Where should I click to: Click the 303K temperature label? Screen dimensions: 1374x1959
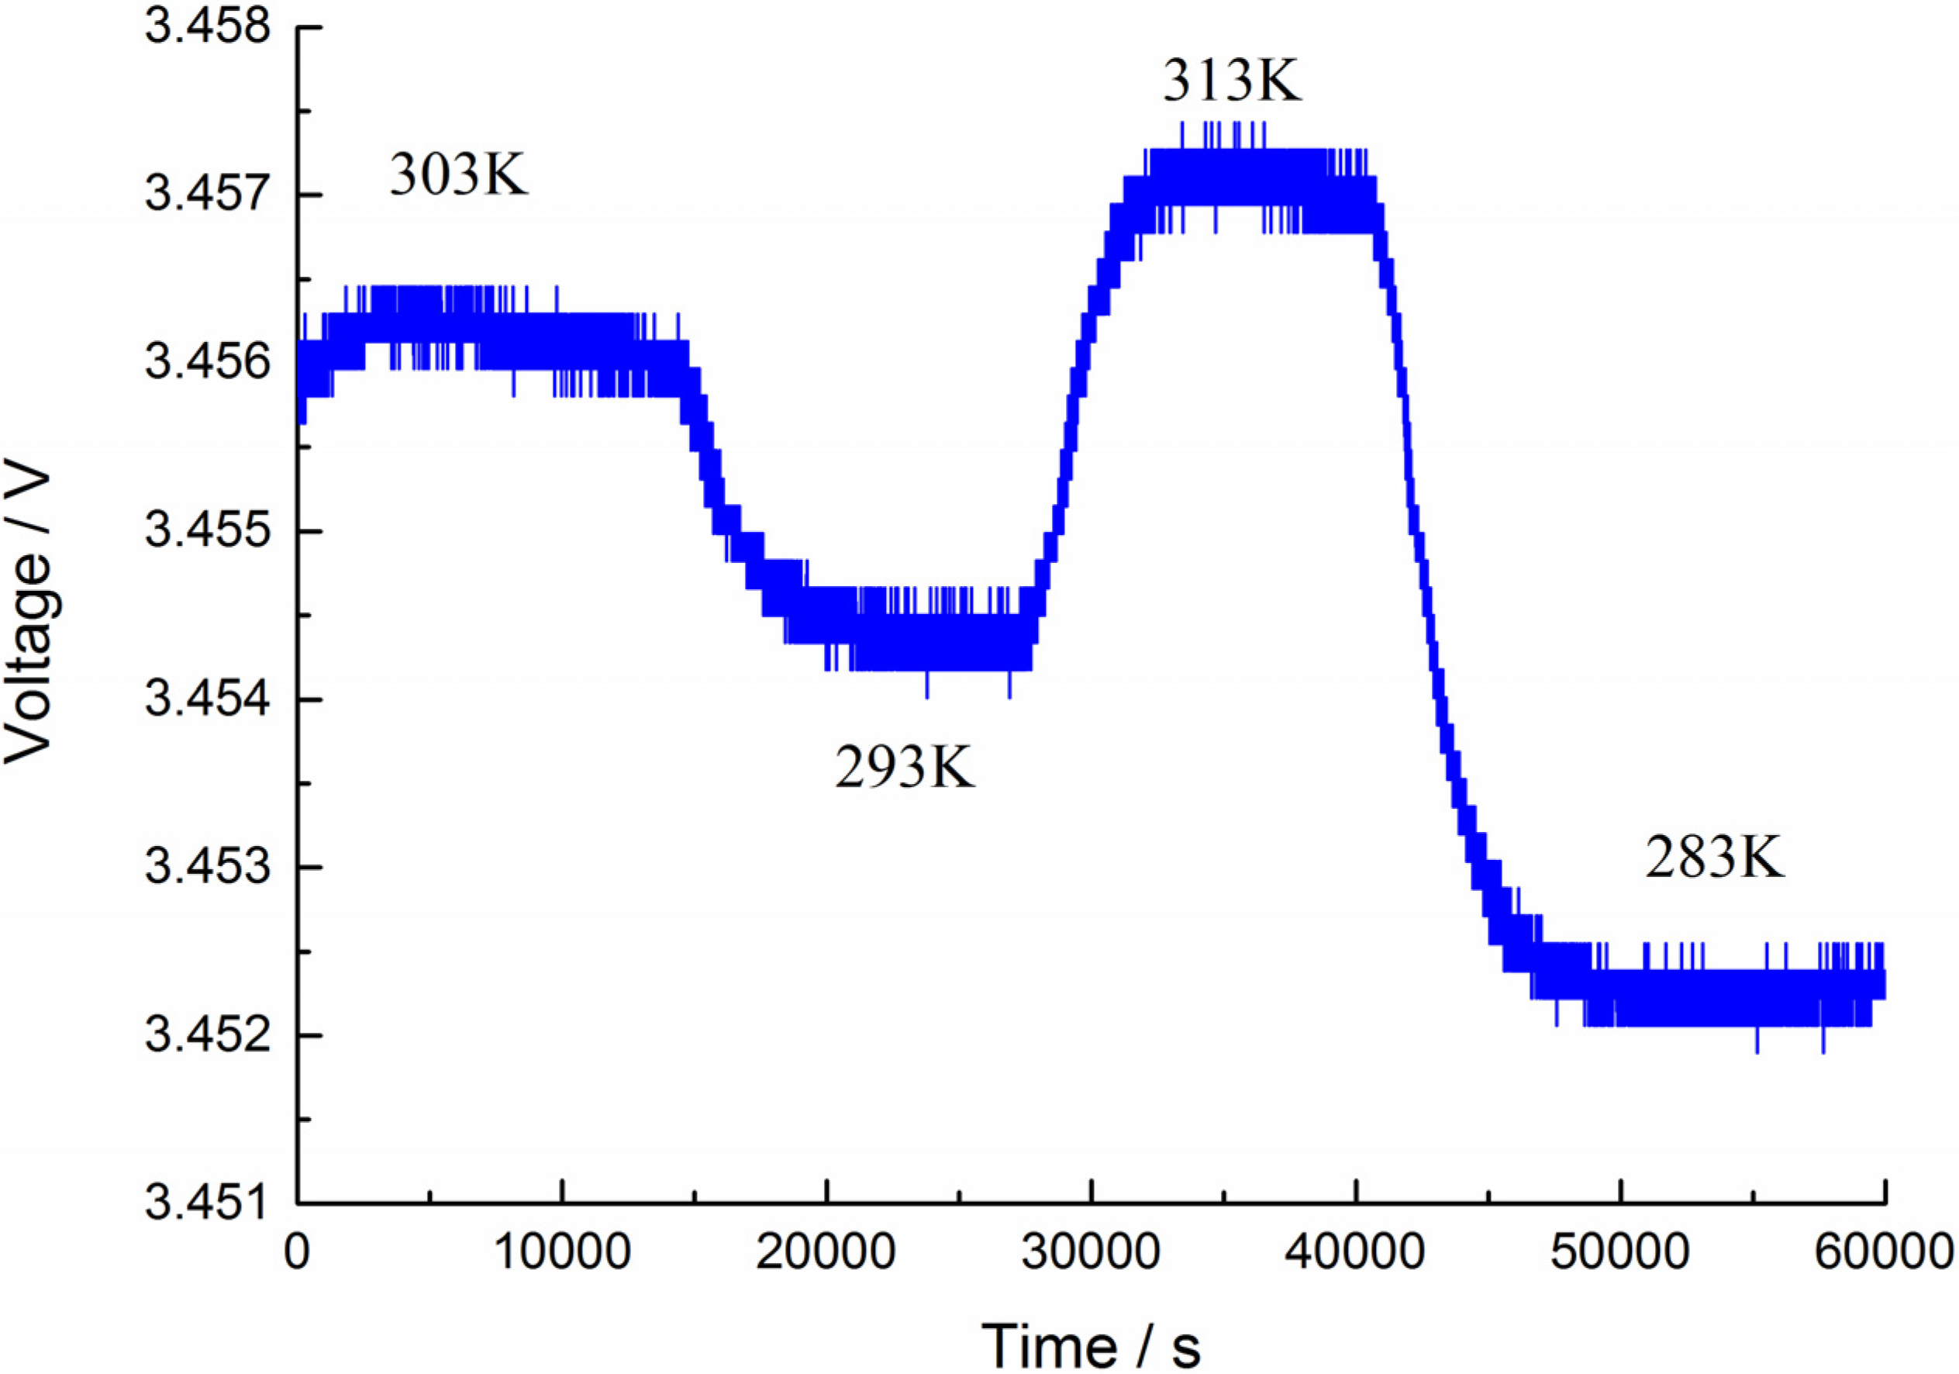(458, 176)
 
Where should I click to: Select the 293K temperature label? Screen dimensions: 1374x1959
(904, 767)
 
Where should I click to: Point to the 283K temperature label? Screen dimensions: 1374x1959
(1714, 858)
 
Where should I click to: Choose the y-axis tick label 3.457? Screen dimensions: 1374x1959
(209, 195)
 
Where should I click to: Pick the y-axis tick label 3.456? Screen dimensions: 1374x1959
(209, 363)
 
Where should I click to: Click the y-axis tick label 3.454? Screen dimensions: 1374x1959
(209, 699)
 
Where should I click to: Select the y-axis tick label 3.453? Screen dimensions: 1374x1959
(209, 867)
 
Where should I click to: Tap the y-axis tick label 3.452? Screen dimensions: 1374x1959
(209, 1035)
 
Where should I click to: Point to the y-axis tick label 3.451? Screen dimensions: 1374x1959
(209, 1203)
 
